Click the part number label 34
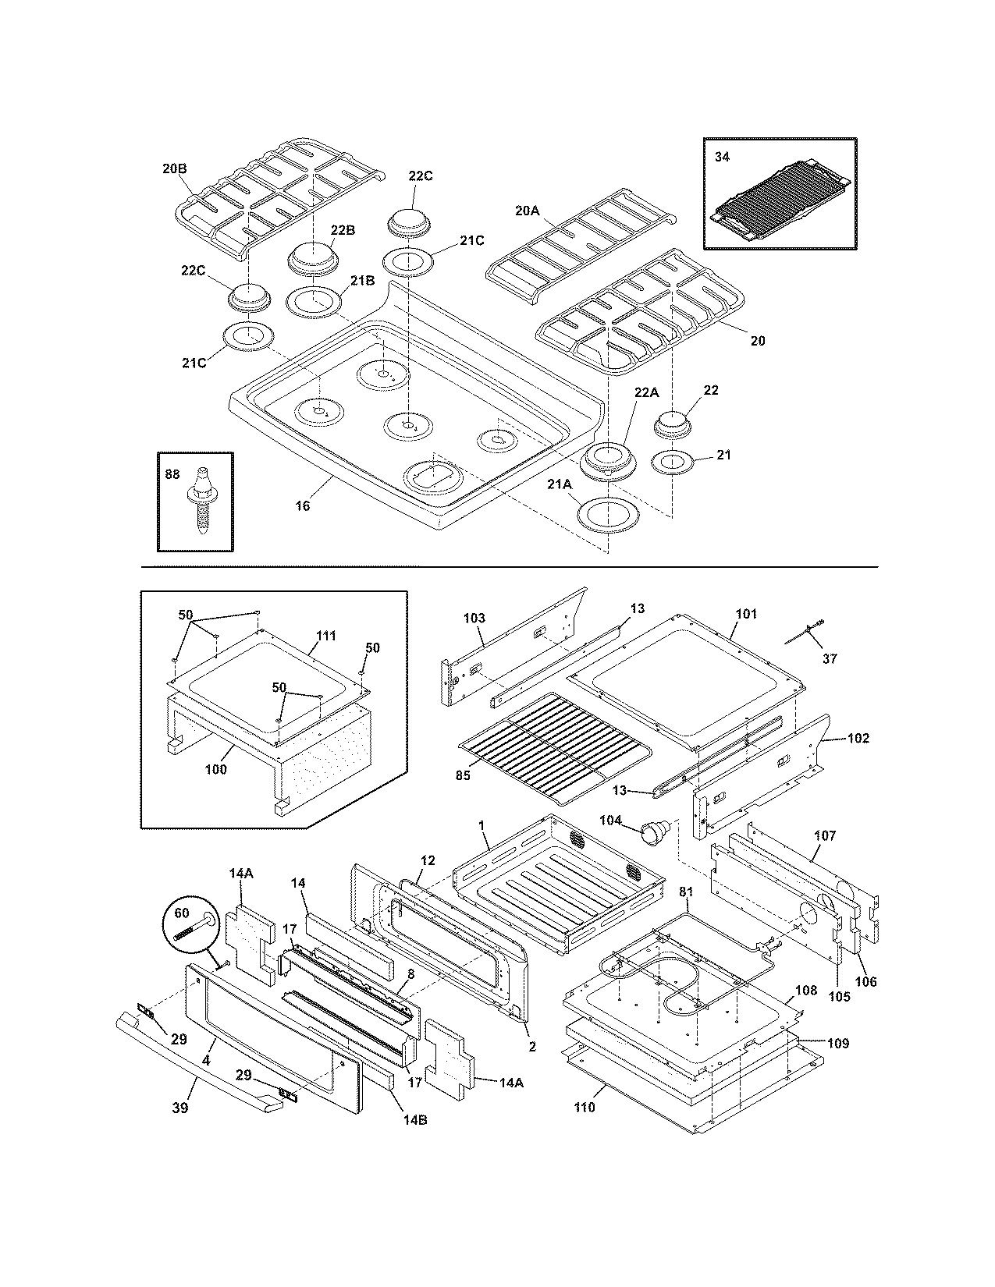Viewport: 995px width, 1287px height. point(722,157)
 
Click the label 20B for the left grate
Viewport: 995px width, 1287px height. point(175,167)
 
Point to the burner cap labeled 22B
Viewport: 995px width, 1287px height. point(312,257)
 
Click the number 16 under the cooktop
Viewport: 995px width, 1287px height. point(302,506)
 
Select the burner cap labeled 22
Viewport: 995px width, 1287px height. point(676,423)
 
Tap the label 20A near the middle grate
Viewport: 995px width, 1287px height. point(528,210)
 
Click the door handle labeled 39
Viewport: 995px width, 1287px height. point(195,1052)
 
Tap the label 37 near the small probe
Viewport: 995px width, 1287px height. point(829,658)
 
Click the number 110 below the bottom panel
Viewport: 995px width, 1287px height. point(584,1107)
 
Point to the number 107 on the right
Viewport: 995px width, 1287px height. point(824,835)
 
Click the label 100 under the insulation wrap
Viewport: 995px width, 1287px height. point(215,769)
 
